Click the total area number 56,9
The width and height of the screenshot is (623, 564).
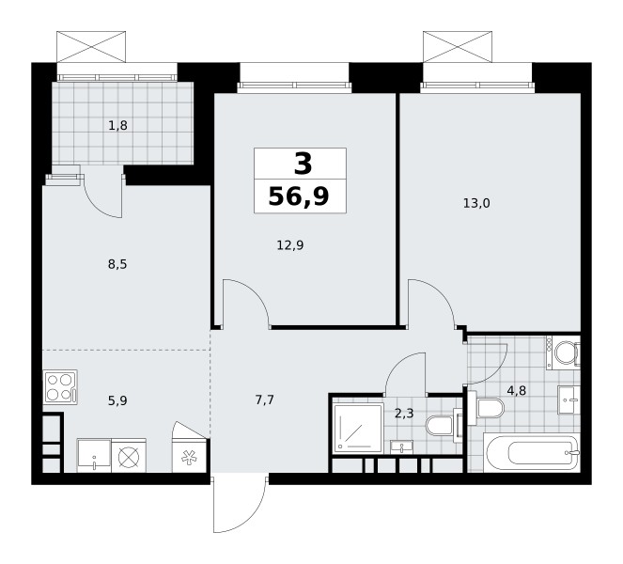click(x=299, y=196)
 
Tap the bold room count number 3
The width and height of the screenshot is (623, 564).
click(x=303, y=164)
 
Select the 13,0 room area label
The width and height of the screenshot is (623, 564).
click(x=476, y=203)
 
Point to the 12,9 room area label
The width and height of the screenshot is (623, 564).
click(x=290, y=245)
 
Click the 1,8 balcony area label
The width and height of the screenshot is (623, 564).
click(x=117, y=126)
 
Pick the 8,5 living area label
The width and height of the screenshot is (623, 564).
click(x=117, y=264)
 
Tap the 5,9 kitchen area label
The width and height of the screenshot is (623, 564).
click(x=117, y=400)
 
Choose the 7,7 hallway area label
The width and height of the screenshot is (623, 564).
click(x=265, y=399)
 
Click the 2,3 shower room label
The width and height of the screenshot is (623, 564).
click(x=404, y=414)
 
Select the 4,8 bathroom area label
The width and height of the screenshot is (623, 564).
click(x=517, y=391)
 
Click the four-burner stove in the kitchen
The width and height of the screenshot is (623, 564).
click(x=60, y=387)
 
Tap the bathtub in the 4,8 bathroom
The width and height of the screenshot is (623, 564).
click(x=532, y=452)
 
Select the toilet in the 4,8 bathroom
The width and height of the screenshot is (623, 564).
click(x=486, y=408)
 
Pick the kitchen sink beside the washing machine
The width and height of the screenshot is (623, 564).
click(x=94, y=456)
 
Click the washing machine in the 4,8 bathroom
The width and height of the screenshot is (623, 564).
click(x=563, y=352)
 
